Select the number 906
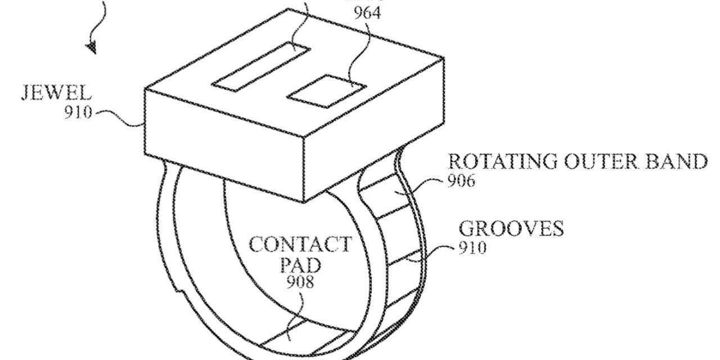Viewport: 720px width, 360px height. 461,182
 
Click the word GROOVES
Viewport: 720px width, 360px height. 511,229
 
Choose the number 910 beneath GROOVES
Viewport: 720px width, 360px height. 472,247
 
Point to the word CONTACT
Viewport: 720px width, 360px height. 300,245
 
